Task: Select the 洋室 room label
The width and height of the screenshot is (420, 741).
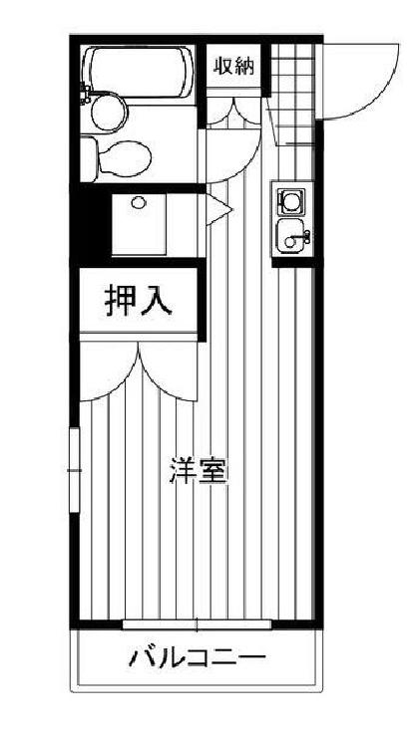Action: (x=199, y=470)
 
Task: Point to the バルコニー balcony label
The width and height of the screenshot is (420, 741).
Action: (x=198, y=658)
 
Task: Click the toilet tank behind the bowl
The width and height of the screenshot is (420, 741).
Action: (x=89, y=157)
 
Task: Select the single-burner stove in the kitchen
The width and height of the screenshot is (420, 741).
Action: (x=291, y=202)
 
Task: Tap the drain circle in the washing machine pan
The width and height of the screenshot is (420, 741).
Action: (x=138, y=203)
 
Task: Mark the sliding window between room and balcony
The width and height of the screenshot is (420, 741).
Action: (x=198, y=624)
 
